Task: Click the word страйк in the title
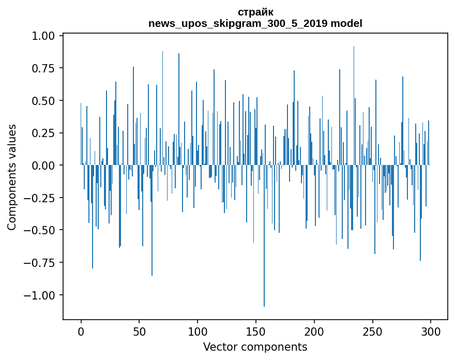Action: [255, 12]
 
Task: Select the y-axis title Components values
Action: [12, 177]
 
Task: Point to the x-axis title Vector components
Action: [255, 347]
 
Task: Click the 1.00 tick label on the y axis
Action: [44, 36]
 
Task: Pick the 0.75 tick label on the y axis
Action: [44, 68]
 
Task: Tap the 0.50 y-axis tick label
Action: [44, 100]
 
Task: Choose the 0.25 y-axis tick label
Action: [44, 133]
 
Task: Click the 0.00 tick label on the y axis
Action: [44, 165]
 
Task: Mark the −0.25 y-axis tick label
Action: [41, 198]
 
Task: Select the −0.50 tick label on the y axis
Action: [41, 230]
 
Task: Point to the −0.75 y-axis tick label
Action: [41, 262]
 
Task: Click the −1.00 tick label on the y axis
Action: [41, 295]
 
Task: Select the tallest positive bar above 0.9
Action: [354, 103]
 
